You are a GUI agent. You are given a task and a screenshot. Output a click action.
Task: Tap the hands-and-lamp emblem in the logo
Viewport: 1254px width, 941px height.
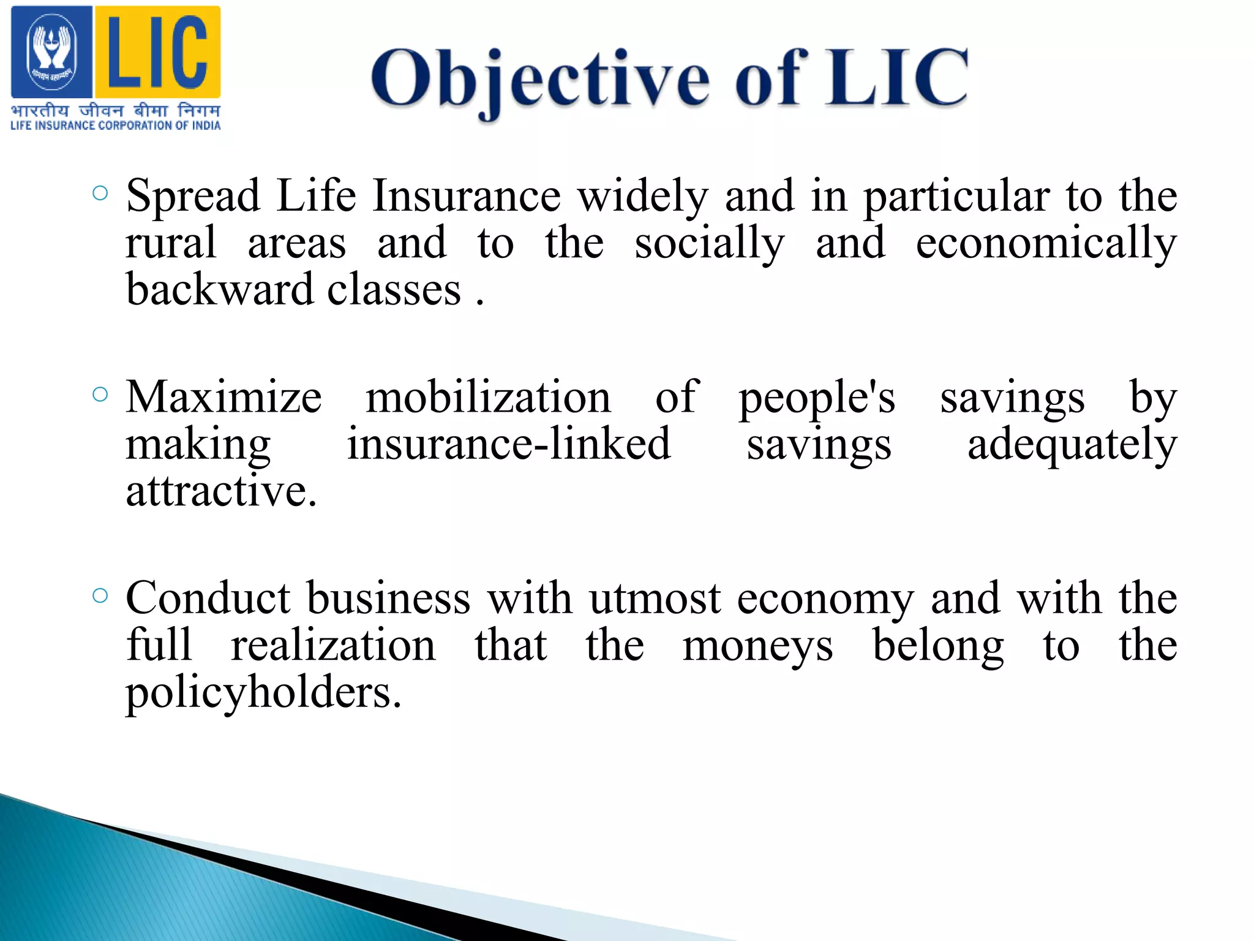51,52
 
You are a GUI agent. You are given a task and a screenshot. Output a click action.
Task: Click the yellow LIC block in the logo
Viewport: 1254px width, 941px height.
157,52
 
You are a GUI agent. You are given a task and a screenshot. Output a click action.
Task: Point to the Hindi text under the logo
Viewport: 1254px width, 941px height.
115,111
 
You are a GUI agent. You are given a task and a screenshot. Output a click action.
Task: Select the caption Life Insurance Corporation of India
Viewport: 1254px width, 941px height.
115,126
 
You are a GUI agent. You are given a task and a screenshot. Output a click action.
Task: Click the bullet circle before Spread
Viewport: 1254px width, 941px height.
100,194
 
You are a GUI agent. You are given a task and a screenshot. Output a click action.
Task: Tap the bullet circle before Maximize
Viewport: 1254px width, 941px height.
100,394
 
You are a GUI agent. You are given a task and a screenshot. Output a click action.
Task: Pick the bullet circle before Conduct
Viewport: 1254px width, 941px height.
100,595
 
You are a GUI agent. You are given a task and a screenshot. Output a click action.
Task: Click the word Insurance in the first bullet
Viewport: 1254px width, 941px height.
467,196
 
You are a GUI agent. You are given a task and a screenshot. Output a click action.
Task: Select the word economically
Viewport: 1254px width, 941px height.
1046,243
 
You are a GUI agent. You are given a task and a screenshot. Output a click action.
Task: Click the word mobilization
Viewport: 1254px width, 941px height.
488,397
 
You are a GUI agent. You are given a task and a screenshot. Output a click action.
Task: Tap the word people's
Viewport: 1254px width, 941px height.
817,398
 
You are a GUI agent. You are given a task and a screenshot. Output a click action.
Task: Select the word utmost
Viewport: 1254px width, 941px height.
655,598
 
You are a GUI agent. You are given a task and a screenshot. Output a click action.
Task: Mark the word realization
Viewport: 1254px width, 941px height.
333,645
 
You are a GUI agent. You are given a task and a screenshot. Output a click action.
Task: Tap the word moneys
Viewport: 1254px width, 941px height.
757,646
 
